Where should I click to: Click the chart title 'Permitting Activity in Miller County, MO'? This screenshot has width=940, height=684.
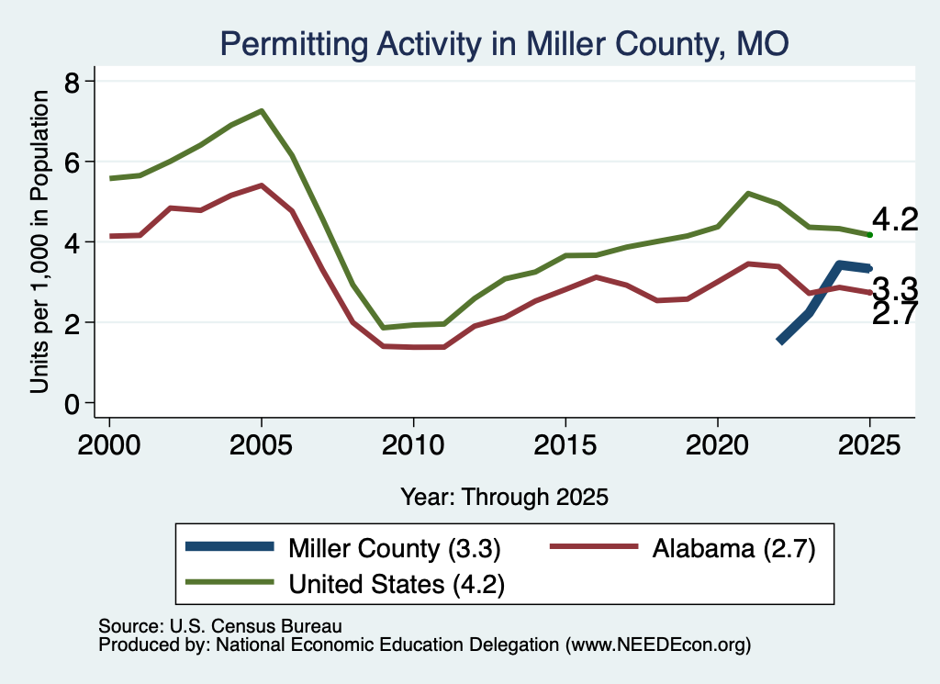[x=504, y=44]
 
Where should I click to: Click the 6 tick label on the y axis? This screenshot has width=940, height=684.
[x=72, y=162]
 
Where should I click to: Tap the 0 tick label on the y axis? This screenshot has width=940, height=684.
[x=72, y=403]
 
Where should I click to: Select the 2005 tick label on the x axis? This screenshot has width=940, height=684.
[x=261, y=444]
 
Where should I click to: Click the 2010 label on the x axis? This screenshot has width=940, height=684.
[x=413, y=444]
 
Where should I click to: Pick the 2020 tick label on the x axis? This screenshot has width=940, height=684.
[x=718, y=444]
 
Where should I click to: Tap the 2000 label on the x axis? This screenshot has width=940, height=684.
[x=109, y=444]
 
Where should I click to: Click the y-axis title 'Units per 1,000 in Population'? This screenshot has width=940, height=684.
[x=39, y=241]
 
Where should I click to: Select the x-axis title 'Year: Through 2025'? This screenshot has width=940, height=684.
[x=504, y=497]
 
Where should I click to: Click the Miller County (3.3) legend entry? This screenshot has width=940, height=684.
[x=343, y=548]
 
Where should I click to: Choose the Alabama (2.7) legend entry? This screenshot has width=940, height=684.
[x=683, y=548]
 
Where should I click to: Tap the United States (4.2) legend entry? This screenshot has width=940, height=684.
[x=345, y=583]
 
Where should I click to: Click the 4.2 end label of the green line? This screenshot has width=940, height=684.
[x=894, y=220]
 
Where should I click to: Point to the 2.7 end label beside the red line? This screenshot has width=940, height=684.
[x=894, y=313]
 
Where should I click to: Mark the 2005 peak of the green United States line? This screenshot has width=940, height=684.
[x=262, y=111]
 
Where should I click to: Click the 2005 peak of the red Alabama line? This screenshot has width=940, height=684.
[x=262, y=185]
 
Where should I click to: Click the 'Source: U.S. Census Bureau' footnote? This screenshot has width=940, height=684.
[x=220, y=626]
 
